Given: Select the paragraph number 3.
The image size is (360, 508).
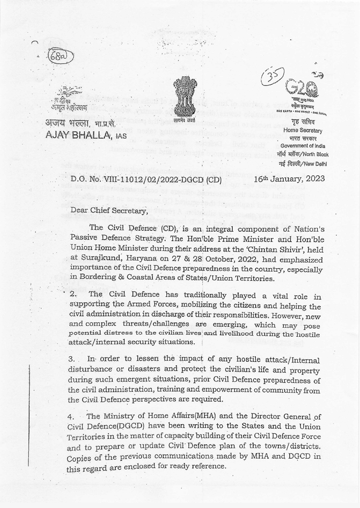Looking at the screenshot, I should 72,359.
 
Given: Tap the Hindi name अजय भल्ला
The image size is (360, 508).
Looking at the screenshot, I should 68,123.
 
